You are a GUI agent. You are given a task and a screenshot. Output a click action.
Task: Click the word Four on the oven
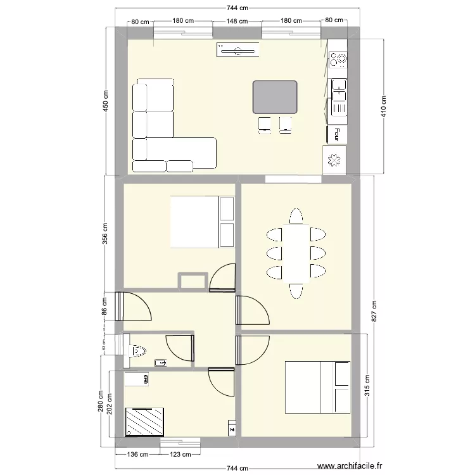pos(338,134)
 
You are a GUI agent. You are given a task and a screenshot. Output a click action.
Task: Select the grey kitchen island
pos(275,97)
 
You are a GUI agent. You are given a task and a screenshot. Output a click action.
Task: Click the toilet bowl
pos(138,350)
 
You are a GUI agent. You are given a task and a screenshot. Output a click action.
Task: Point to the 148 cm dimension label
pos(236,21)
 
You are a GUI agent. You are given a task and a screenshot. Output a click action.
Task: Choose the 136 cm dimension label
pos(139,454)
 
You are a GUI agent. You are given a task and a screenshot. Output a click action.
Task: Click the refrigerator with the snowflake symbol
pos(334,160)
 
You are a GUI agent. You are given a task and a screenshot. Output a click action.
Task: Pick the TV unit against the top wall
pos(237,49)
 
